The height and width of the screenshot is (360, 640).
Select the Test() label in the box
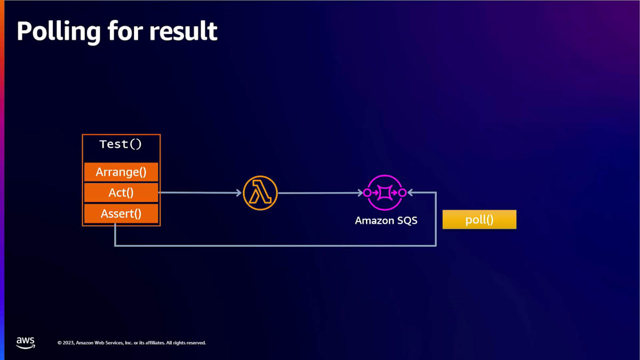[121, 145]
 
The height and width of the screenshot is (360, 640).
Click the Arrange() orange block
[121, 172]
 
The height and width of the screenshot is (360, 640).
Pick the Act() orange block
[121, 193]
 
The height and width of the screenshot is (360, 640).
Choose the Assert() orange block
[121, 214]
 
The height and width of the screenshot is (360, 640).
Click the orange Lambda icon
[260, 193]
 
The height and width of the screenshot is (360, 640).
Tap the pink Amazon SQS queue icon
[385, 193]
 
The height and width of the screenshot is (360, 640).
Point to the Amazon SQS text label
[386, 220]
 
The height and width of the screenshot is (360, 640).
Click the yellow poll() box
[479, 220]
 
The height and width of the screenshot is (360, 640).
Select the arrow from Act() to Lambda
[200, 193]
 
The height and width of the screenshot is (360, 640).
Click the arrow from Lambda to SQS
[320, 193]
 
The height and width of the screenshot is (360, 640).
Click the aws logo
[25, 342]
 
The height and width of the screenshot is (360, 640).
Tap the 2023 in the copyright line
[69, 342]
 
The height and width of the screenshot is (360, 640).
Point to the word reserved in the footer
[195, 342]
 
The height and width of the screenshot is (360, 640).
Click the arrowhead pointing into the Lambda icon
[239, 193]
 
